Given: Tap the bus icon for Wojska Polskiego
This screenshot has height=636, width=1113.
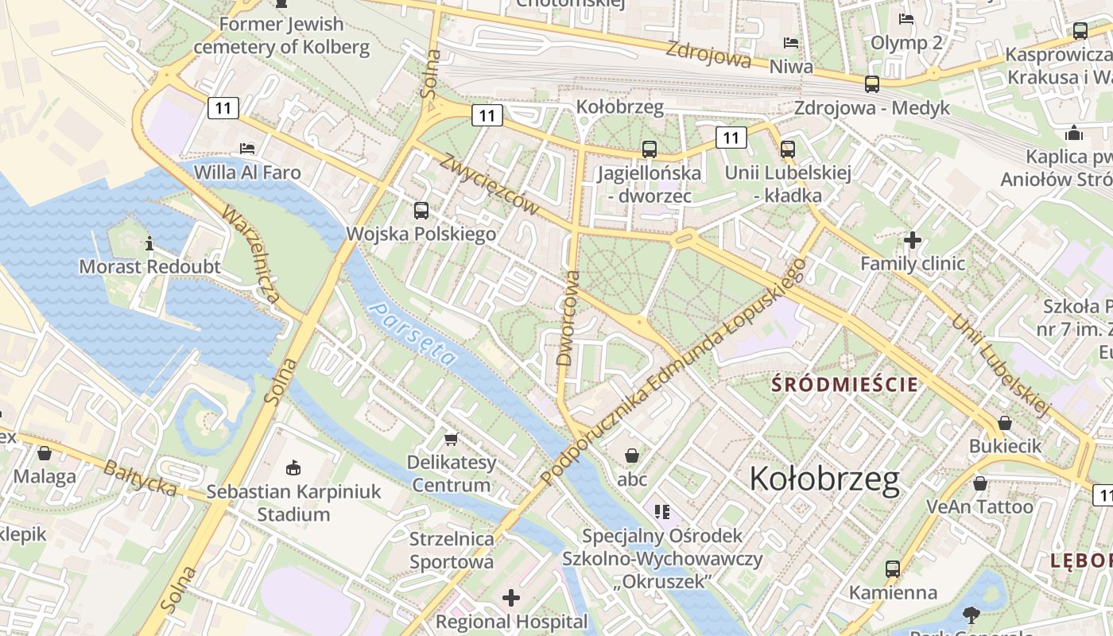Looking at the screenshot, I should pos(421,211).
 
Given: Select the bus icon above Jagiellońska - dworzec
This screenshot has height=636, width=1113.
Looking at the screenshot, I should pos(650,149).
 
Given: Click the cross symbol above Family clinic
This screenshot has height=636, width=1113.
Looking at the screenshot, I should pos(913,239).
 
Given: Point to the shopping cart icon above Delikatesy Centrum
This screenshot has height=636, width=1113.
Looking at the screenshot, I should pos(452,439).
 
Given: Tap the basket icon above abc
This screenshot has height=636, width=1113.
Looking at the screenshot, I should pos(632,456).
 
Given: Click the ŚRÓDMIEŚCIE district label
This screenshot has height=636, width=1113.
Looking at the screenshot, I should pos(846,385).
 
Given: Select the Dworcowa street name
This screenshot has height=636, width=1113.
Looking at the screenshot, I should pos(567,318).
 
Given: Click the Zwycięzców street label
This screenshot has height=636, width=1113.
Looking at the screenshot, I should pos(488,184).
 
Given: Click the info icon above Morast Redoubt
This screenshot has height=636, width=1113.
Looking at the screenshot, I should pos(149,243).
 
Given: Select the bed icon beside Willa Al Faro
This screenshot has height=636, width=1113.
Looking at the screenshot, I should pos(247,149).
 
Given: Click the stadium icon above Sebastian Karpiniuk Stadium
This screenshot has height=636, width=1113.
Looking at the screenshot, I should pos(293,467).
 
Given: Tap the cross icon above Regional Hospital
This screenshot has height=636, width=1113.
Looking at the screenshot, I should pos(511,597).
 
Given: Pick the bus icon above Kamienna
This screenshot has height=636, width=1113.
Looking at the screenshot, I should pos(893,569).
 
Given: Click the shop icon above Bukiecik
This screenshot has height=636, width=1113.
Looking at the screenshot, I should pos(1005,423).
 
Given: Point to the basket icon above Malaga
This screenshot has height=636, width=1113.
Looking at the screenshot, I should pos(45,453).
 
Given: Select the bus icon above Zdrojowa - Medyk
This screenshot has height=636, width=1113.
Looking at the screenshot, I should pos(872,84).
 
